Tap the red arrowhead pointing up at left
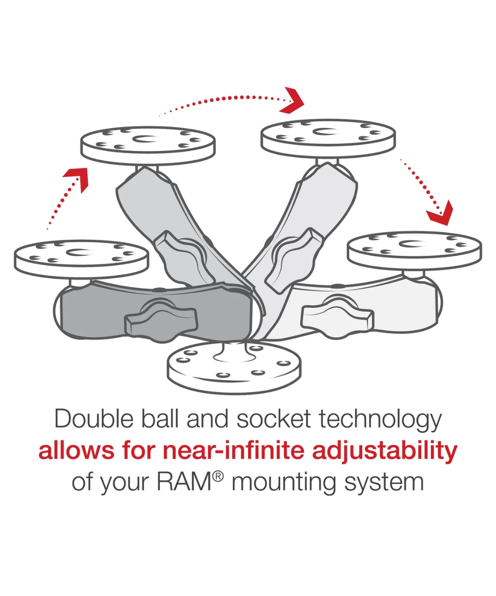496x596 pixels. click(77, 178)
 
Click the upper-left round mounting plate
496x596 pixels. click(148, 144)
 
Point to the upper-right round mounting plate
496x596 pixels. click(328, 135)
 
